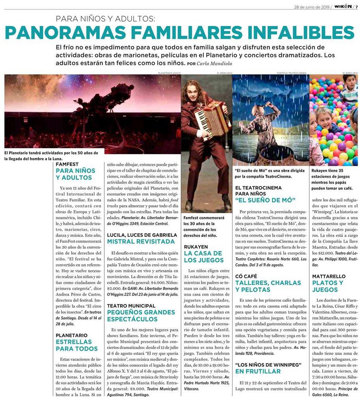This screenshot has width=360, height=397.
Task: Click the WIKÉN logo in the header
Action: [343, 6]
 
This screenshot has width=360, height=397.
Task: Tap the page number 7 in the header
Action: [356, 6]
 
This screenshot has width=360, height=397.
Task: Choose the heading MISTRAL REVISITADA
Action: [141, 241]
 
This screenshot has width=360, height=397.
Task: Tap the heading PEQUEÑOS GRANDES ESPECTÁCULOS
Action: [141, 315]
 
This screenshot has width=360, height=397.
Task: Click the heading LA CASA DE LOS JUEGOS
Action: [203, 256]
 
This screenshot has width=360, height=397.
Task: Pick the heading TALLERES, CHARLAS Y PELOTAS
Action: [268, 286]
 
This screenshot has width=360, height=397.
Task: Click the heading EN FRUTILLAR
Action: [258, 371]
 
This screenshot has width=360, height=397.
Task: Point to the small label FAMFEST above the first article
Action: [67, 164]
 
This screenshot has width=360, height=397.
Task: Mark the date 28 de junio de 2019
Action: [311, 7]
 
